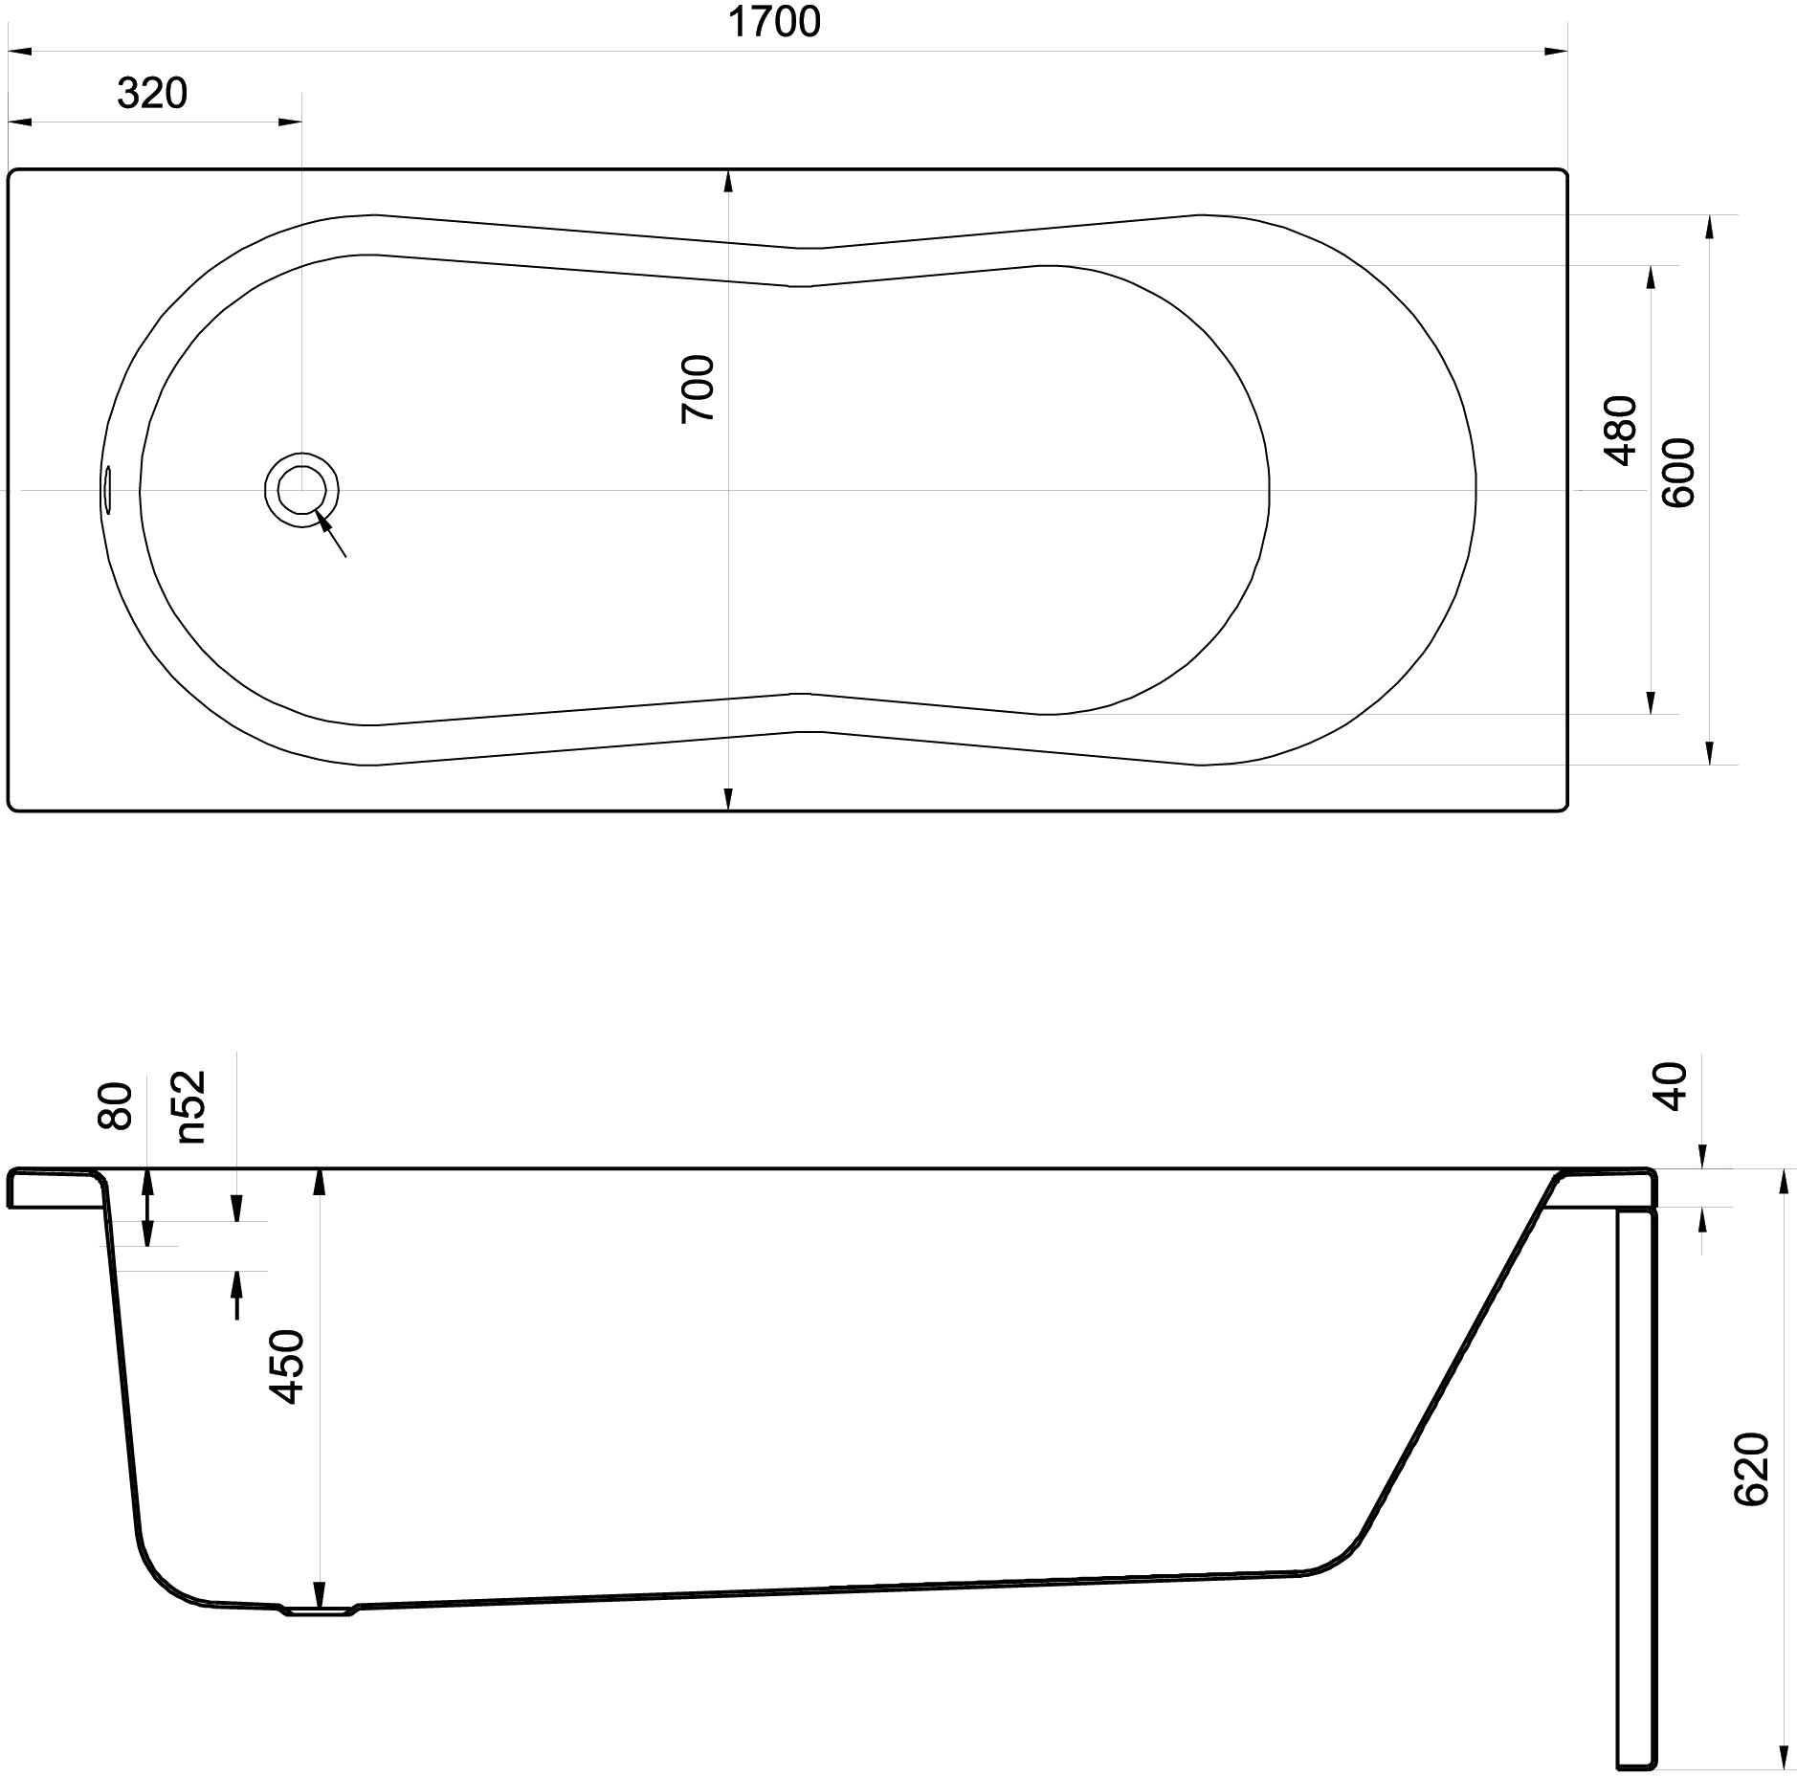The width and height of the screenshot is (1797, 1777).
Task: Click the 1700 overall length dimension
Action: click(x=774, y=21)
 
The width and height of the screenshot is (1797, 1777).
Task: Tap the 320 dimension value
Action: click(x=152, y=94)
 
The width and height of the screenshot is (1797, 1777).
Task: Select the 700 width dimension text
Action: click(x=698, y=389)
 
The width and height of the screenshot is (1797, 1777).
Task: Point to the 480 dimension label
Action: click(x=1621, y=430)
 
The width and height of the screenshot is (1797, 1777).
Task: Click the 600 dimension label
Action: click(x=1678, y=473)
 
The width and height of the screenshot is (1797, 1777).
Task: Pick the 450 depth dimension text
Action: click(x=287, y=1366)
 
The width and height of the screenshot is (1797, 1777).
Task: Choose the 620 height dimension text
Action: click(x=1752, y=1496)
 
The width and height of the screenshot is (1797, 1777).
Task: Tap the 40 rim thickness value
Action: click(x=1673, y=1086)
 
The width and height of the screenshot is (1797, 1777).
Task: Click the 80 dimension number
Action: click(x=116, y=1105)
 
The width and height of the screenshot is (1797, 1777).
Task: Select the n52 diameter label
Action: click(x=190, y=1105)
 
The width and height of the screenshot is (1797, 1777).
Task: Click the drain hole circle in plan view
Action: click(x=302, y=489)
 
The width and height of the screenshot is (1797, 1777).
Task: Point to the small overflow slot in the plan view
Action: click(x=108, y=489)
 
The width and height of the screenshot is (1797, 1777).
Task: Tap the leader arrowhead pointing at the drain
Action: click(x=324, y=522)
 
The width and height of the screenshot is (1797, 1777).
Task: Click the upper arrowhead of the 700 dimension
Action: click(x=728, y=182)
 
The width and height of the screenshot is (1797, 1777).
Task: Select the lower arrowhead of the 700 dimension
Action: click(x=728, y=798)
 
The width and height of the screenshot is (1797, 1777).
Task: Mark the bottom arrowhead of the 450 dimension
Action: click(x=320, y=1594)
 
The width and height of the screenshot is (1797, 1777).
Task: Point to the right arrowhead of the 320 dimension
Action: click(x=289, y=122)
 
